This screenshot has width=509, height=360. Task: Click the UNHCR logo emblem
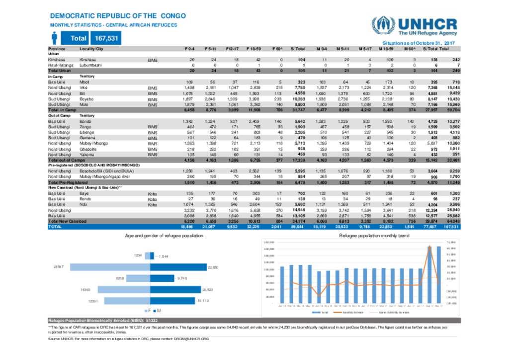pos(381,25)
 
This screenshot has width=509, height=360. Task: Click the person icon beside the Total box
pos(55,38)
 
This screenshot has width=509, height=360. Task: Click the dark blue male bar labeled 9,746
pos(162,278)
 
